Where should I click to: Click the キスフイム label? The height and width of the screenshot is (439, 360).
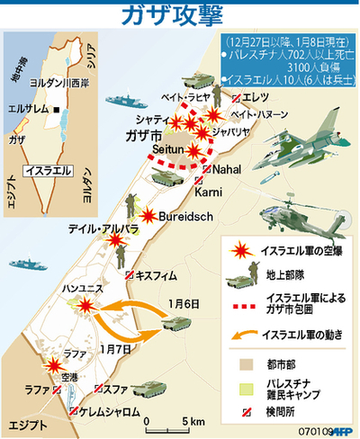159,275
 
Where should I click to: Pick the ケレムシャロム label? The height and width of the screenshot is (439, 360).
111,410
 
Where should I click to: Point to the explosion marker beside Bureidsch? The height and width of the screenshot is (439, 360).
148,215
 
